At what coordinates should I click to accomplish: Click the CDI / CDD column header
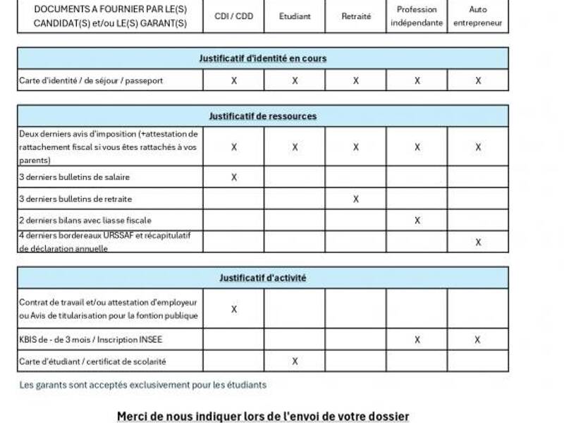tap(233, 16)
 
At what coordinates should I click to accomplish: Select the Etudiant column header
tap(295, 16)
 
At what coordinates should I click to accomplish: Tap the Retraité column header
tap(356, 16)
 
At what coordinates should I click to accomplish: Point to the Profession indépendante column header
tap(417, 16)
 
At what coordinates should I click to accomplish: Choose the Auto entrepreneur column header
tap(478, 16)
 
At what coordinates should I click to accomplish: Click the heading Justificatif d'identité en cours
tap(263, 59)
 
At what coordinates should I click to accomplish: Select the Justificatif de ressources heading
tap(263, 116)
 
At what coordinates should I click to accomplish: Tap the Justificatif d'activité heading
tap(263, 278)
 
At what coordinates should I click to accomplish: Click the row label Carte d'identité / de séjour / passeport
tap(91, 80)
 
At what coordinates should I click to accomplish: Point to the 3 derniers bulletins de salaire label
tap(74, 177)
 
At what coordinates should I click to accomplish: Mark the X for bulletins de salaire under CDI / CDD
tap(234, 177)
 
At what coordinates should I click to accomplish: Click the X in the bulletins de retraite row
tap(356, 199)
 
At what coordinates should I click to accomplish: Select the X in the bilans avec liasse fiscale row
tap(417, 221)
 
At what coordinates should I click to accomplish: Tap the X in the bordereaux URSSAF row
tap(478, 242)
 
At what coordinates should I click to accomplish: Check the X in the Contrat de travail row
tap(234, 309)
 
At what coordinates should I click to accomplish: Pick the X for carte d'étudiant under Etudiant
tap(295, 361)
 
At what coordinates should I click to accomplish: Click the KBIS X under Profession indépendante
tap(417, 340)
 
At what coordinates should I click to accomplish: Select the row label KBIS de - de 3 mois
tap(91, 340)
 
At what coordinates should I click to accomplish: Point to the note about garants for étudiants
tap(143, 385)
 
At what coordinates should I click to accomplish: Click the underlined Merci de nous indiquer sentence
tap(263, 416)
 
